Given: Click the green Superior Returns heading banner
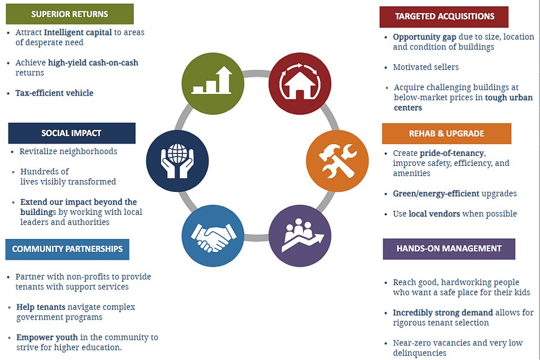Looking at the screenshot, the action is [70, 14].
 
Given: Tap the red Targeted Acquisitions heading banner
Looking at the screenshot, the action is [444, 16].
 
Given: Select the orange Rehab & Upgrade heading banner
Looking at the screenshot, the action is [446, 134].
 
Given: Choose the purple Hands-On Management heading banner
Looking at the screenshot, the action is [449, 249].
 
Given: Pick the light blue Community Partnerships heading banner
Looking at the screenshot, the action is [67, 249].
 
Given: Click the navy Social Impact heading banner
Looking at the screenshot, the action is [71, 133].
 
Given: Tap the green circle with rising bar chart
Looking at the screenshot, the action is [213, 83].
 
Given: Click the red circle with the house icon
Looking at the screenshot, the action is [300, 83].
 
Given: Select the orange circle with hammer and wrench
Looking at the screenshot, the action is [337, 160].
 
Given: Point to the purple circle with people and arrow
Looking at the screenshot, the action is [300, 236].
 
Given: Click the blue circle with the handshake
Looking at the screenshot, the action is [213, 236].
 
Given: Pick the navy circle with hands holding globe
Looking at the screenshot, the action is [177, 160].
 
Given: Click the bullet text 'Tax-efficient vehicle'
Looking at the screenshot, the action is [55, 93].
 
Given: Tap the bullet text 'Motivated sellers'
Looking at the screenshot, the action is [426, 67].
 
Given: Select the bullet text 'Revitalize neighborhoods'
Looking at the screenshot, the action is [68, 151].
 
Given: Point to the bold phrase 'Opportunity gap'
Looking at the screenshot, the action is [425, 37].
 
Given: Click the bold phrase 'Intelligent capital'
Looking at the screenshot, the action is [78, 33].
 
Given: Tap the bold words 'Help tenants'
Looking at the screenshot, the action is [40, 307].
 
